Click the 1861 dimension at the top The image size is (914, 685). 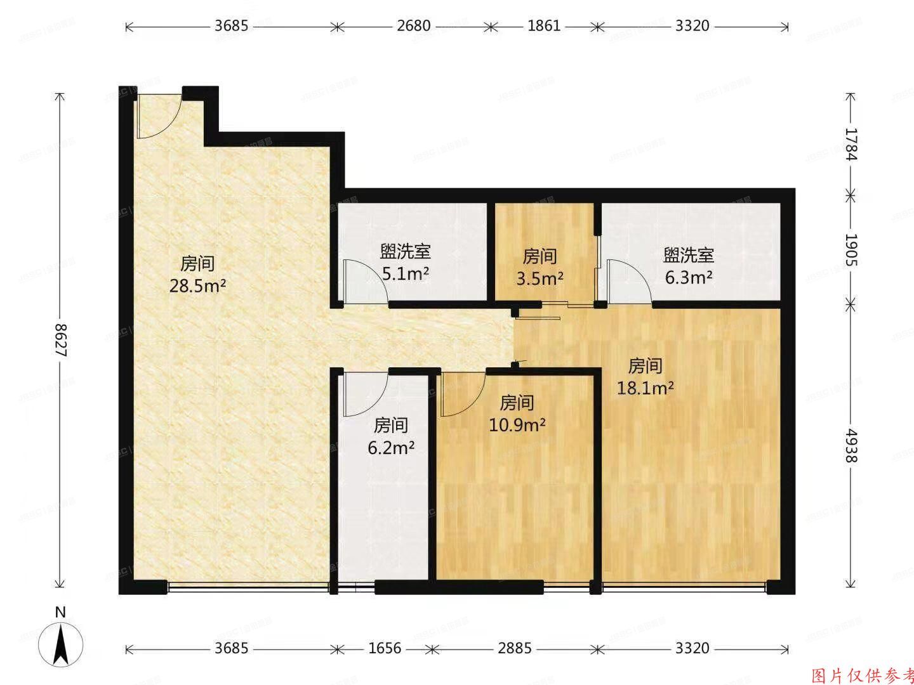544,26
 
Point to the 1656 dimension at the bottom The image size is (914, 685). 385,649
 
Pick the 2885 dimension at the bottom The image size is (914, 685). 514,649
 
